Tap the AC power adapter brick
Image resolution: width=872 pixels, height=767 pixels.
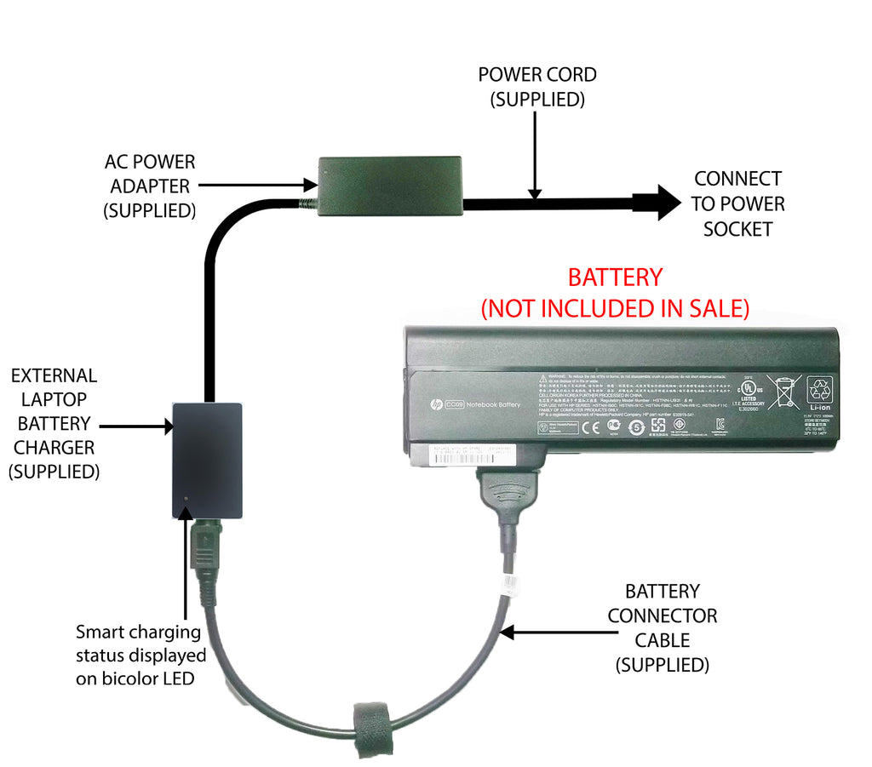[x=390, y=185]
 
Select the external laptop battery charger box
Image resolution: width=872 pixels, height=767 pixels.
[x=207, y=460]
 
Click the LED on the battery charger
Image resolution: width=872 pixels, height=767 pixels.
[x=186, y=501]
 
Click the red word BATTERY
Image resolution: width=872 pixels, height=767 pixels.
[x=615, y=278]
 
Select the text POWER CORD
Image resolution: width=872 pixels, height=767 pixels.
[x=536, y=75]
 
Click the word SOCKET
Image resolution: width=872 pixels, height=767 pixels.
[x=737, y=229]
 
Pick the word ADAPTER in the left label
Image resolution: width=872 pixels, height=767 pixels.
[x=149, y=186]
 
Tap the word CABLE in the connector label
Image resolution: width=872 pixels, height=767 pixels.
[x=662, y=639]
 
